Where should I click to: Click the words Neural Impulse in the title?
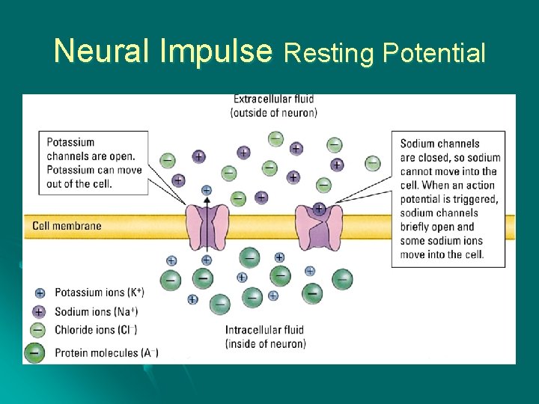pos(162,51)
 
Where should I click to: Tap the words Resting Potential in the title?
pos(385,53)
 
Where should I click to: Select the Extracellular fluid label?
pos(273,105)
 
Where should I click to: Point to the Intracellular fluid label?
pos(265,337)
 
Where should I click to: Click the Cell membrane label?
pos(67,226)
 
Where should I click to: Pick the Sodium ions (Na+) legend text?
pos(96,311)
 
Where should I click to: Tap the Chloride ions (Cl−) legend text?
pos(96,330)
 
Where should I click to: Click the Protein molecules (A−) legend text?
pos(106,352)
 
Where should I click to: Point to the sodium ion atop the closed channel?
pos(319,208)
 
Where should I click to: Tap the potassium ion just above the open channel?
pos(207,191)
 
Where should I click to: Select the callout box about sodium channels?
pos(448,199)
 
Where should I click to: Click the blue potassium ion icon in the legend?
pos(40,293)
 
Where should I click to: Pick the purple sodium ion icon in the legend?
pos(40,311)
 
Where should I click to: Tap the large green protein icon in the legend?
pos(34,352)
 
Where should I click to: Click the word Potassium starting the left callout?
pos(70,142)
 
